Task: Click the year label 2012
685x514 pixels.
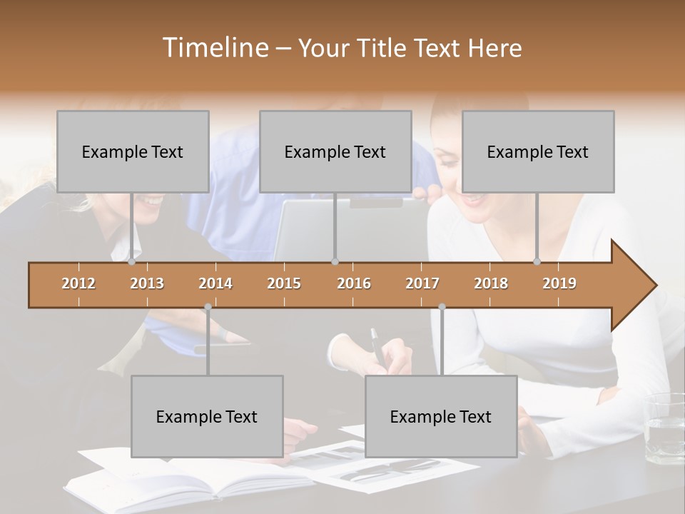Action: click(78, 283)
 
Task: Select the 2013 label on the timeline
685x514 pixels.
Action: click(147, 283)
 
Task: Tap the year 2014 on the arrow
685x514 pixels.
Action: click(215, 283)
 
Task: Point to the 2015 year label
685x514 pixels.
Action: click(284, 283)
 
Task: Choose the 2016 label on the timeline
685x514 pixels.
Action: click(354, 283)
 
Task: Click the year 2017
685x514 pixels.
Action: click(422, 283)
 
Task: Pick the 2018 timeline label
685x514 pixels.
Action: click(491, 283)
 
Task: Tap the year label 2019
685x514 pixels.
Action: click(559, 283)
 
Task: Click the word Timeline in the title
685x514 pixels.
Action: click(214, 48)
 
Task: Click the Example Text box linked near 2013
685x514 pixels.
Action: click(133, 151)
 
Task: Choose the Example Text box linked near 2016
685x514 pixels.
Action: click(335, 151)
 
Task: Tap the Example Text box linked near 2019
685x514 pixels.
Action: click(538, 151)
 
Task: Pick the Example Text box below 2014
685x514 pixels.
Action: click(207, 416)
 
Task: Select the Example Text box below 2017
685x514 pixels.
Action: click(441, 416)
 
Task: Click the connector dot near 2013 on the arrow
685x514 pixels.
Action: click(132, 261)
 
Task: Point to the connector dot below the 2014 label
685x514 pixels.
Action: click(208, 307)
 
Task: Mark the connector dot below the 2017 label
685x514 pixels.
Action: click(442, 307)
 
